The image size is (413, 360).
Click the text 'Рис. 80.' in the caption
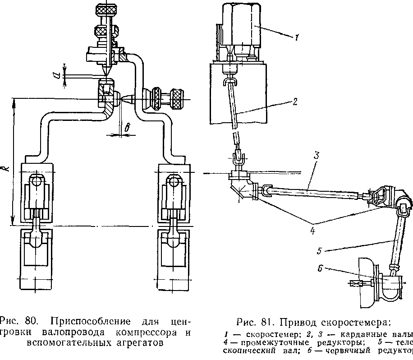click(18, 322)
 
